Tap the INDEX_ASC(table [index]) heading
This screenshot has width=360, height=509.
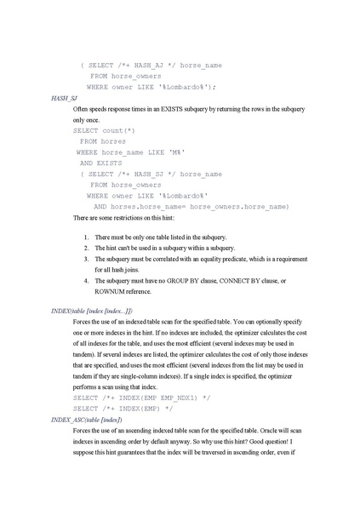pos(86,420)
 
